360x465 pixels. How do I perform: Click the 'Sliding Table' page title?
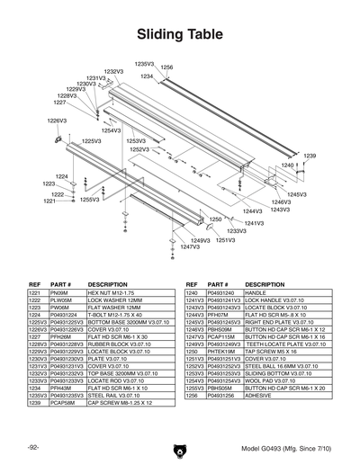[180, 35]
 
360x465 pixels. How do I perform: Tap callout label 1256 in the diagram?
[166, 67]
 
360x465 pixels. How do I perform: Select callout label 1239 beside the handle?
[309, 156]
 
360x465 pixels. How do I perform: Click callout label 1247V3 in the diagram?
[189, 246]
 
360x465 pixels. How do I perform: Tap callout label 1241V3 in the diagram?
[254, 223]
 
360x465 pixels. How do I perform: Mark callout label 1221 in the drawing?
[50, 201]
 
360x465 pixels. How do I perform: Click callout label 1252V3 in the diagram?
[139, 150]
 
